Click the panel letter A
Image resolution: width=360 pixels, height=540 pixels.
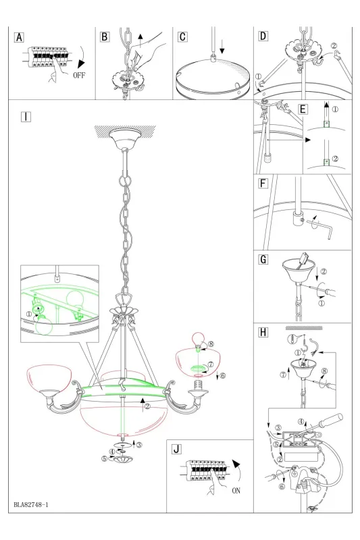click(20, 37)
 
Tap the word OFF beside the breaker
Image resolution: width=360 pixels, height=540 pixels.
click(79, 75)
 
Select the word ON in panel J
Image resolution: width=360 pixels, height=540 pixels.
click(236, 491)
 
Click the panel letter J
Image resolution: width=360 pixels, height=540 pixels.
click(177, 449)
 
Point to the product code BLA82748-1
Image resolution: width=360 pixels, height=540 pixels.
click(31, 505)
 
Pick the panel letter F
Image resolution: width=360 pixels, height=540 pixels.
click(263, 184)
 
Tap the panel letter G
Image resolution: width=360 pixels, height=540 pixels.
click(263, 259)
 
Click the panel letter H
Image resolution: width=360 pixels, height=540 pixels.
click(263, 332)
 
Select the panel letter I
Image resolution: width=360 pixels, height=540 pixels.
click(26, 117)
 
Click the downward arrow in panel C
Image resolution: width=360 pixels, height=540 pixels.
click(222, 47)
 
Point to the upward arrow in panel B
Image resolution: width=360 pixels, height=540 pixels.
click(140, 41)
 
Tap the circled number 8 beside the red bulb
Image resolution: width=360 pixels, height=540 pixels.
click(211, 344)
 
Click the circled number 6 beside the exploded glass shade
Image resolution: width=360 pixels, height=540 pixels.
click(222, 375)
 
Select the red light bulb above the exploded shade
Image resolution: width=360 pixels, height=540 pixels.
click(198, 338)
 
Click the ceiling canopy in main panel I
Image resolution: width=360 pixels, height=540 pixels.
click(125, 138)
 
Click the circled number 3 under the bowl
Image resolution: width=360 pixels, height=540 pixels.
click(139, 445)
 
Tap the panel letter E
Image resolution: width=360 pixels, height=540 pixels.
click(303, 109)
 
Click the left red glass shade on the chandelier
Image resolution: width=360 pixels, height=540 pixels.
click(50, 378)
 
